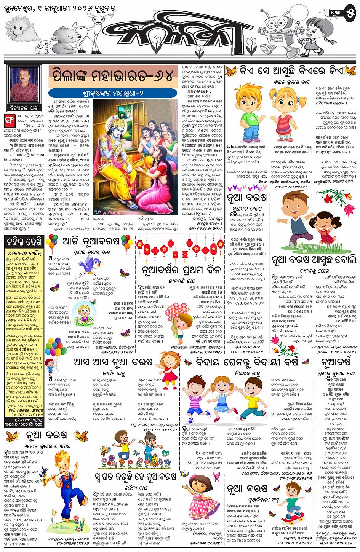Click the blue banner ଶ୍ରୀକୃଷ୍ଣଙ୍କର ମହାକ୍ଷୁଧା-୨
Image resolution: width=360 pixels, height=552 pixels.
click(113, 93)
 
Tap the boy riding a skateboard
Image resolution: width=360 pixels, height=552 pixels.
click(292, 503)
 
